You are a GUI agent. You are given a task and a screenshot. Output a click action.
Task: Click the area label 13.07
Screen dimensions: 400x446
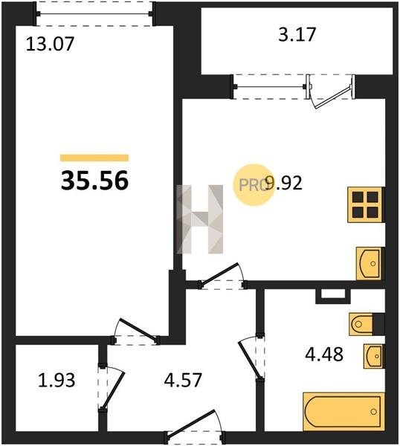[50, 45]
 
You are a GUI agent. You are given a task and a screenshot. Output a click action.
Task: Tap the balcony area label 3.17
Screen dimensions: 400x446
[297, 34]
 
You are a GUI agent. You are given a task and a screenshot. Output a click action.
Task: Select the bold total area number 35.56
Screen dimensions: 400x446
[94, 181]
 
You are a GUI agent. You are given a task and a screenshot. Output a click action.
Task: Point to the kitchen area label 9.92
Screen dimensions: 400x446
[283, 183]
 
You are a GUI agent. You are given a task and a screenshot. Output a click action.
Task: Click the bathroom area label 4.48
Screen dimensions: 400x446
[324, 354]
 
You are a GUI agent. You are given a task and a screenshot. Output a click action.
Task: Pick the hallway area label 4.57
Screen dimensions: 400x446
[183, 380]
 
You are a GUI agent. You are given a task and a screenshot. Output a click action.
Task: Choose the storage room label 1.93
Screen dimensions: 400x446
[57, 380]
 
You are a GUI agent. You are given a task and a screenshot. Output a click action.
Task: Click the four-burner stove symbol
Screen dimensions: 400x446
[365, 204]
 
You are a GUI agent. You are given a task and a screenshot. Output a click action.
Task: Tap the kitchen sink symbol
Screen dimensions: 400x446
[370, 263]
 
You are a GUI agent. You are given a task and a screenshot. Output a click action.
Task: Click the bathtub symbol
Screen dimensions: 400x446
[343, 412]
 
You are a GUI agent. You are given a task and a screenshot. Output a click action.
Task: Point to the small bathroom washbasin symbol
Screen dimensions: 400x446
[373, 356]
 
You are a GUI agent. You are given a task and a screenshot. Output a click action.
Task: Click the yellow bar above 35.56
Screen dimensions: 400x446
[94, 158]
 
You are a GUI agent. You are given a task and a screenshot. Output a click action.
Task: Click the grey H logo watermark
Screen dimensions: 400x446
[200, 219]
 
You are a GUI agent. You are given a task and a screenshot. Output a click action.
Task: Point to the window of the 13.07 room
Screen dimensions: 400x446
[94, 13]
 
